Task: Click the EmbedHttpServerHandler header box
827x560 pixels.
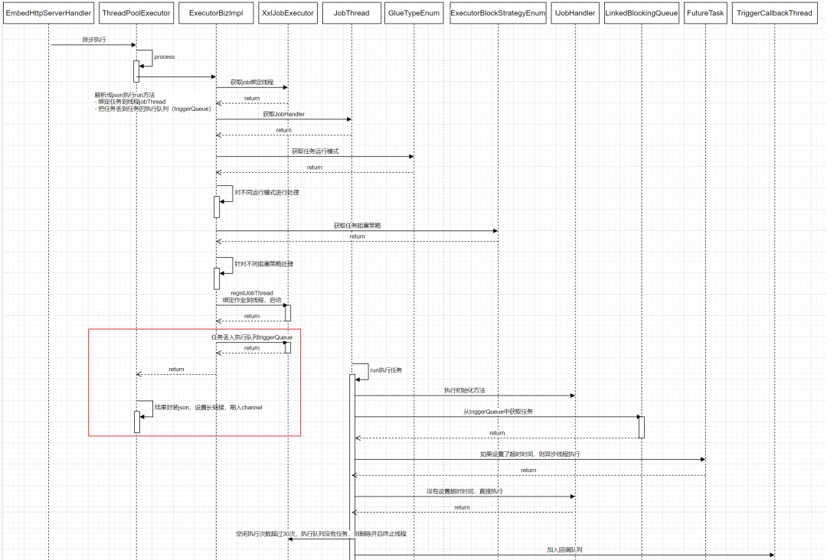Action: [48, 13]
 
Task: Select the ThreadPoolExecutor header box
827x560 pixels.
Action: [136, 13]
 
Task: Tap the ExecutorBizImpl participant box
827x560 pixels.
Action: [216, 13]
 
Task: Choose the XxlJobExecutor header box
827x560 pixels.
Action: [288, 13]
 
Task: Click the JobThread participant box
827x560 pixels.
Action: [351, 13]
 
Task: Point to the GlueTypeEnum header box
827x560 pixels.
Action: [414, 13]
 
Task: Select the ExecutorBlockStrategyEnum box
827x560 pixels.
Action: [498, 13]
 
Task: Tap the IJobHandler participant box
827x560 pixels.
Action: [575, 13]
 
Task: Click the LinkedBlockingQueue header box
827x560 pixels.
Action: [641, 13]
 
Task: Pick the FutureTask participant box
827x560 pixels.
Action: [704, 13]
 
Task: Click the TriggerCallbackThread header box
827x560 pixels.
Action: [774, 13]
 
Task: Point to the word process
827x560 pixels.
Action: [164, 57]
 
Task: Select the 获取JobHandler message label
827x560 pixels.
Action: [283, 114]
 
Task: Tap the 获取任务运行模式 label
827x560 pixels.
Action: [315, 151]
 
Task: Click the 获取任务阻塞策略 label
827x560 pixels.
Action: [357, 226]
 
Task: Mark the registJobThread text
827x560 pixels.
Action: [251, 293]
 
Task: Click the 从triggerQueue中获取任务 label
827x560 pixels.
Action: [498, 412]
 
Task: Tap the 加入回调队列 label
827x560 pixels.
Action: [564, 549]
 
